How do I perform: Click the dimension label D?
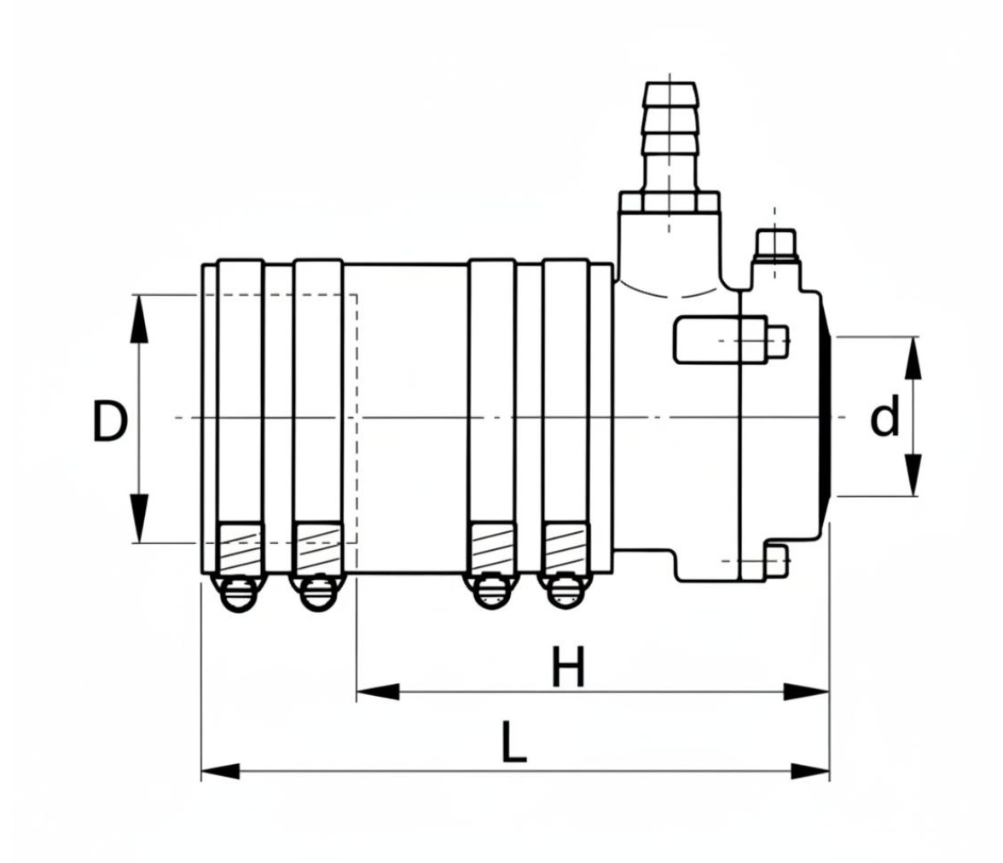pos(111,420)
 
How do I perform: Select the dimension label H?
pos(568,667)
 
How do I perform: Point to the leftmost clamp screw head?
pos(240,593)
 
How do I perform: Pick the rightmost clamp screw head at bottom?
pos(564,593)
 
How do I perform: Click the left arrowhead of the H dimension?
pos(377,692)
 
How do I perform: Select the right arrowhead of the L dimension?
pos(810,771)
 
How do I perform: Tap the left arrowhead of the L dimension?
pos(221,771)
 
